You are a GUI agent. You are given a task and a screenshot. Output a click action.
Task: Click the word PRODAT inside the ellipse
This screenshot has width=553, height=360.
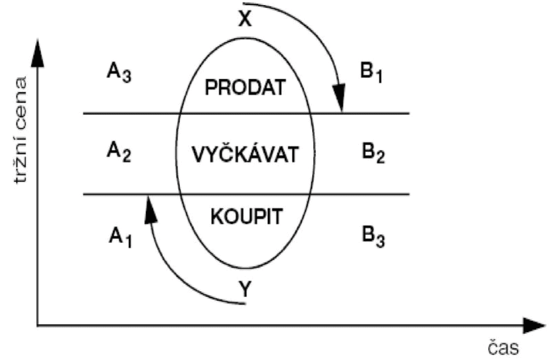[244, 88]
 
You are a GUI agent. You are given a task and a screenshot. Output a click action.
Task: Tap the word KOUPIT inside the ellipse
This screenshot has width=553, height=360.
[245, 217]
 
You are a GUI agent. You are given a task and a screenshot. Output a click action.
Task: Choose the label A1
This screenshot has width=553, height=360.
[120, 236]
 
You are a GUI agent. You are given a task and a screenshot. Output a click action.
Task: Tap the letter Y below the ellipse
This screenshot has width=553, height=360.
[244, 290]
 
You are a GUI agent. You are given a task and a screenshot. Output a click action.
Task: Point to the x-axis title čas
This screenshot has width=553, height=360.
[503, 346]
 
